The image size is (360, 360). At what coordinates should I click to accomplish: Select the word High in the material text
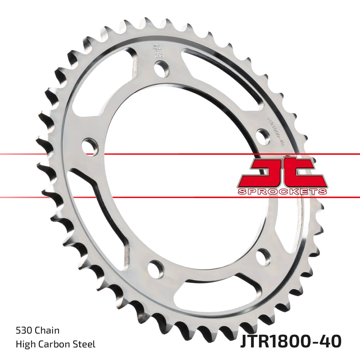click(25, 344)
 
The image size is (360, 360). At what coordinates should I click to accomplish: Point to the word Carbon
click(54, 344)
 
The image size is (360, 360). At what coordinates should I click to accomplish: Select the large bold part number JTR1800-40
click(290, 342)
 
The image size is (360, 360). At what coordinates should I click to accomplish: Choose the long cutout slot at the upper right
click(228, 75)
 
